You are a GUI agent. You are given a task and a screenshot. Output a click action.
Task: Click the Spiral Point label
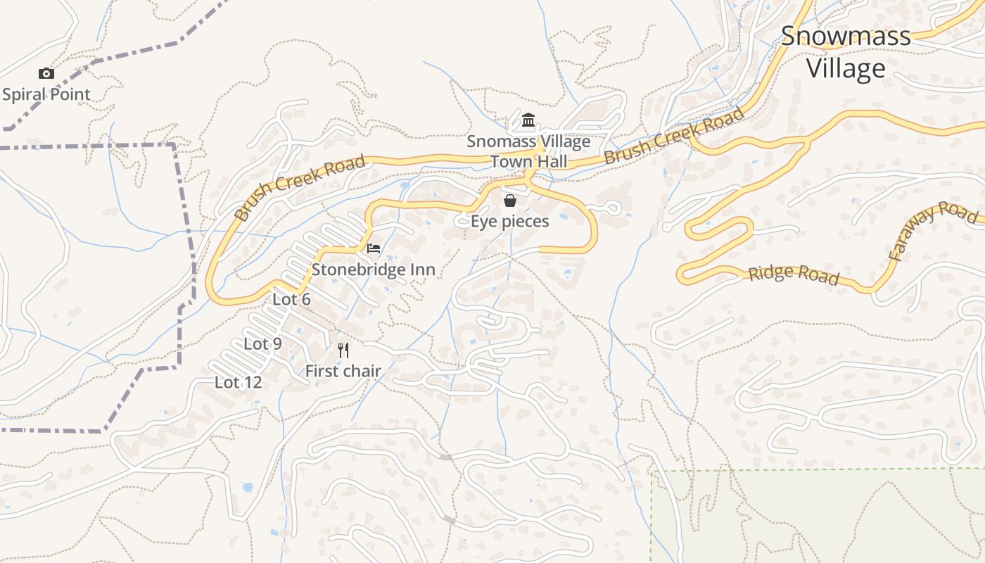pyautogui.click(x=46, y=94)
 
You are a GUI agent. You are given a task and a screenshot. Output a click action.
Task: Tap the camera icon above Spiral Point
pyautogui.click(x=46, y=73)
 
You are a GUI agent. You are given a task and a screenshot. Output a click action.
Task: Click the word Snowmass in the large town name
pyautogui.click(x=846, y=36)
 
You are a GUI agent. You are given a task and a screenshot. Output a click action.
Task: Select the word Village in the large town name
pyautogui.click(x=846, y=68)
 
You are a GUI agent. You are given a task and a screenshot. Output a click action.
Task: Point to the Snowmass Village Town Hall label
pyautogui.click(x=528, y=151)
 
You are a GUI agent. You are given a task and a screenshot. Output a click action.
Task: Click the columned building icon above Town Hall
pyautogui.click(x=528, y=121)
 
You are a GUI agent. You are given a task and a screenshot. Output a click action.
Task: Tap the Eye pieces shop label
pyautogui.click(x=509, y=221)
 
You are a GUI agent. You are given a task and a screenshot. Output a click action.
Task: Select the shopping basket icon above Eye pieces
pyautogui.click(x=510, y=201)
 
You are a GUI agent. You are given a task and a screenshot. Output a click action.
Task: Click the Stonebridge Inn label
pyautogui.click(x=373, y=270)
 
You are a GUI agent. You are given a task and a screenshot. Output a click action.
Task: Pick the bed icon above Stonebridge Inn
pyautogui.click(x=374, y=248)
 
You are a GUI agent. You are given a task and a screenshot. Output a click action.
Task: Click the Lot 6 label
pyautogui.click(x=291, y=299)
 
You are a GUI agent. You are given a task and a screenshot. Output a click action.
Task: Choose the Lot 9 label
pyautogui.click(x=262, y=344)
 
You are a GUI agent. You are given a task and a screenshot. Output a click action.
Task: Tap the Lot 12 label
pyautogui.click(x=238, y=383)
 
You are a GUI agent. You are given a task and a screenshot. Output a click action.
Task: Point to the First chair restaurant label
pyautogui.click(x=343, y=371)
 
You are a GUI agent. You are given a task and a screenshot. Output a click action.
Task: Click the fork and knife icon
pyautogui.click(x=343, y=350)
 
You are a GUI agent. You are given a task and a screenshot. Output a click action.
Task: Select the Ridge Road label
pyautogui.click(x=794, y=274)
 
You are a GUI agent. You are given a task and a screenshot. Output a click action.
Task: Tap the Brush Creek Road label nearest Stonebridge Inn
pyautogui.click(x=300, y=189)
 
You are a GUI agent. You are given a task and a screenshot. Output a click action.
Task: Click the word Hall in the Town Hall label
pyautogui.click(x=550, y=161)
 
